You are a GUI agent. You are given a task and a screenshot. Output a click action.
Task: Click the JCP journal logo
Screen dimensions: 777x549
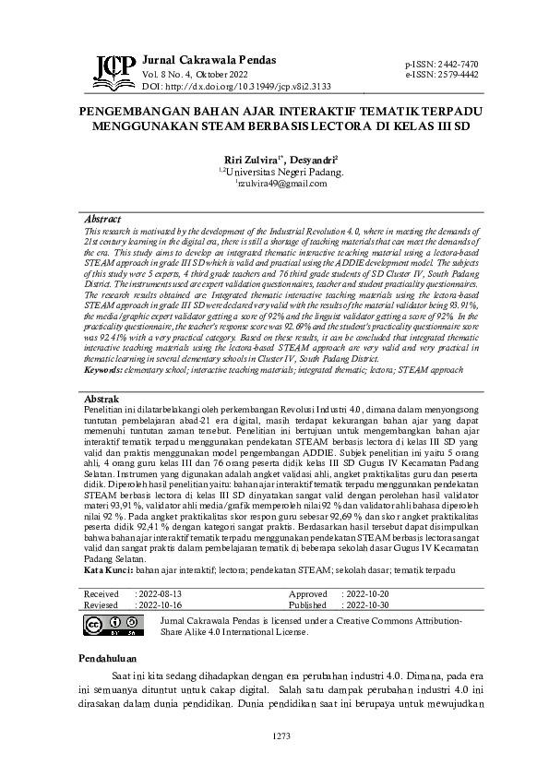coord(113,66)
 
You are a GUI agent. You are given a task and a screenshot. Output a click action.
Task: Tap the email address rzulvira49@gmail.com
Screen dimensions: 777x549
coord(278,185)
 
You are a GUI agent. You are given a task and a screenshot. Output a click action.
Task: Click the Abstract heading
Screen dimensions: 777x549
coord(102,219)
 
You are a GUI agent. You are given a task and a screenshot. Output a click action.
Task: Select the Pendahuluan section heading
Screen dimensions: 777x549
coord(107,660)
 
